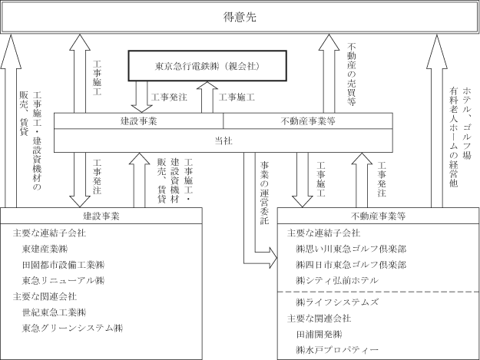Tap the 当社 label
click(222, 139)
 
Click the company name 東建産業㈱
click(49, 249)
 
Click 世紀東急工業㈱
click(55, 312)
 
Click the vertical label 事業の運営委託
click(264, 193)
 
